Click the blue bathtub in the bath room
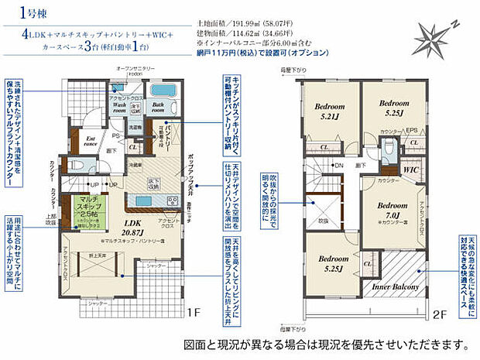pos(164,90)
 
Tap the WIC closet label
pos(410,169)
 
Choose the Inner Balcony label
pos(395,286)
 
